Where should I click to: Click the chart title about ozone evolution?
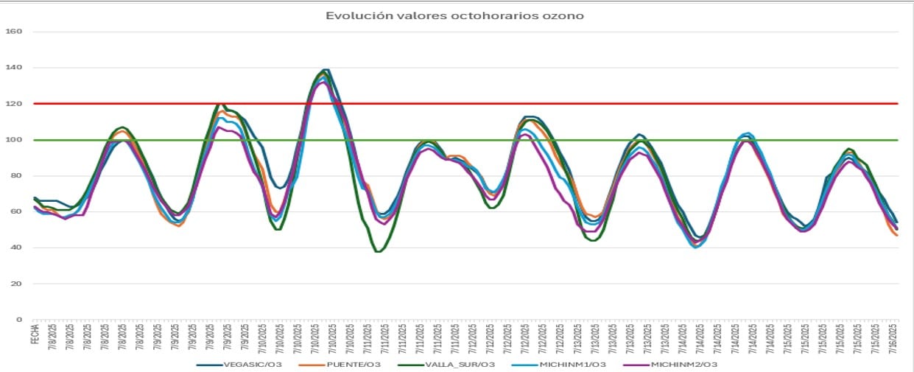[x=454, y=15]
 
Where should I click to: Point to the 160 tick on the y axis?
[x=15, y=32]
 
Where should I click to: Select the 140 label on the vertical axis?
[x=15, y=68]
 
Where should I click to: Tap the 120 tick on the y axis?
[x=15, y=104]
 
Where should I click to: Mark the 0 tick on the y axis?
[x=19, y=320]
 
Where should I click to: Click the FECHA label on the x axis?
[x=35, y=335]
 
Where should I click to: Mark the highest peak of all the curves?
[x=325, y=70]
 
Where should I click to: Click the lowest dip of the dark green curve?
[x=379, y=251]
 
